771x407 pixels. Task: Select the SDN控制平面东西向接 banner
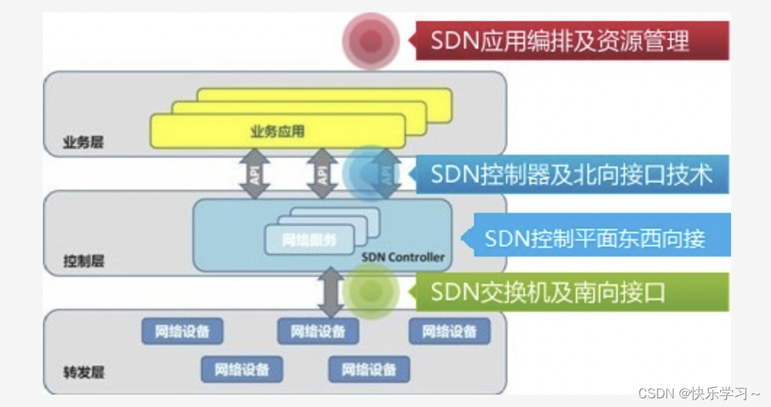[595, 238]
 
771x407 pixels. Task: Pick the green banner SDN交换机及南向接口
[571, 292]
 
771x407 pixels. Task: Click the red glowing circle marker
[371, 41]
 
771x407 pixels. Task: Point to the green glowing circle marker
[371, 291]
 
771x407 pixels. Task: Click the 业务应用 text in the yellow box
[277, 132]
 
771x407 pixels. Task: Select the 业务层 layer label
[83, 142]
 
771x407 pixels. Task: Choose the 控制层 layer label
[83, 261]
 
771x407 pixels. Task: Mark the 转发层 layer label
[83, 374]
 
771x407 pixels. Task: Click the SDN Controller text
[402, 257]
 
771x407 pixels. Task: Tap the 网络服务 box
[309, 241]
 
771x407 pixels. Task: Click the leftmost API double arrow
[255, 174]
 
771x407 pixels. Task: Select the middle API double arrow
[320, 174]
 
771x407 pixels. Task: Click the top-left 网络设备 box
[182, 332]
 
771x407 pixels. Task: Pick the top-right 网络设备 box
[449, 332]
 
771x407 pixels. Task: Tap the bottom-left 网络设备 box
[242, 369]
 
